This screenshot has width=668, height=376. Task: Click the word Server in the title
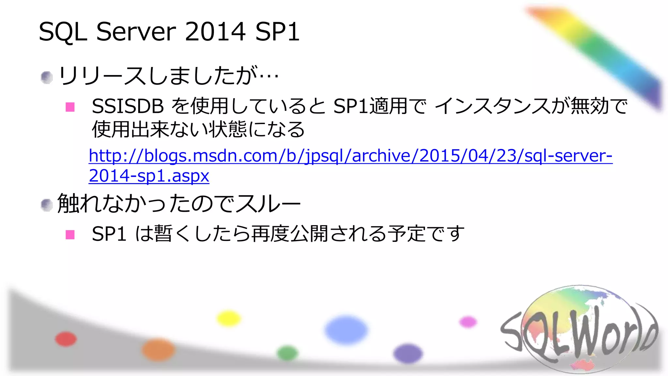point(136,32)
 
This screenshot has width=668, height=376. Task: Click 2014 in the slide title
point(215,32)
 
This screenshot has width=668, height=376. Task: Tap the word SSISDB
point(128,106)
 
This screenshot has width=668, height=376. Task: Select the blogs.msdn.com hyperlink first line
point(350,156)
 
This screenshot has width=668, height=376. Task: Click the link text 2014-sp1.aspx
point(149,176)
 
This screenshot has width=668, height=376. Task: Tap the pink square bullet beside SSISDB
point(70,107)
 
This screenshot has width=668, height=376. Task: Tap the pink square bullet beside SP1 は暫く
point(70,235)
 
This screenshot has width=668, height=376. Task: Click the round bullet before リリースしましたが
point(47,77)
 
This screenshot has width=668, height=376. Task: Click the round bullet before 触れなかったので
point(47,205)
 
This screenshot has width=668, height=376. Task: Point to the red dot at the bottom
point(66,339)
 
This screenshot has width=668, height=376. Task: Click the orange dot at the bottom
point(158,350)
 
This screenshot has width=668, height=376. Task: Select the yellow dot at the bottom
point(229,319)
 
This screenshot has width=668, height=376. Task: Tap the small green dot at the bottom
point(287,353)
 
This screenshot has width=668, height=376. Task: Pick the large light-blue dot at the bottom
point(346,330)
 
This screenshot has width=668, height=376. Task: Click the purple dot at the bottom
point(408,353)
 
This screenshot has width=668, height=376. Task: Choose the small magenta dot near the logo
point(468,322)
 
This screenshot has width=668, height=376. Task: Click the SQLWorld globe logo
point(579,330)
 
